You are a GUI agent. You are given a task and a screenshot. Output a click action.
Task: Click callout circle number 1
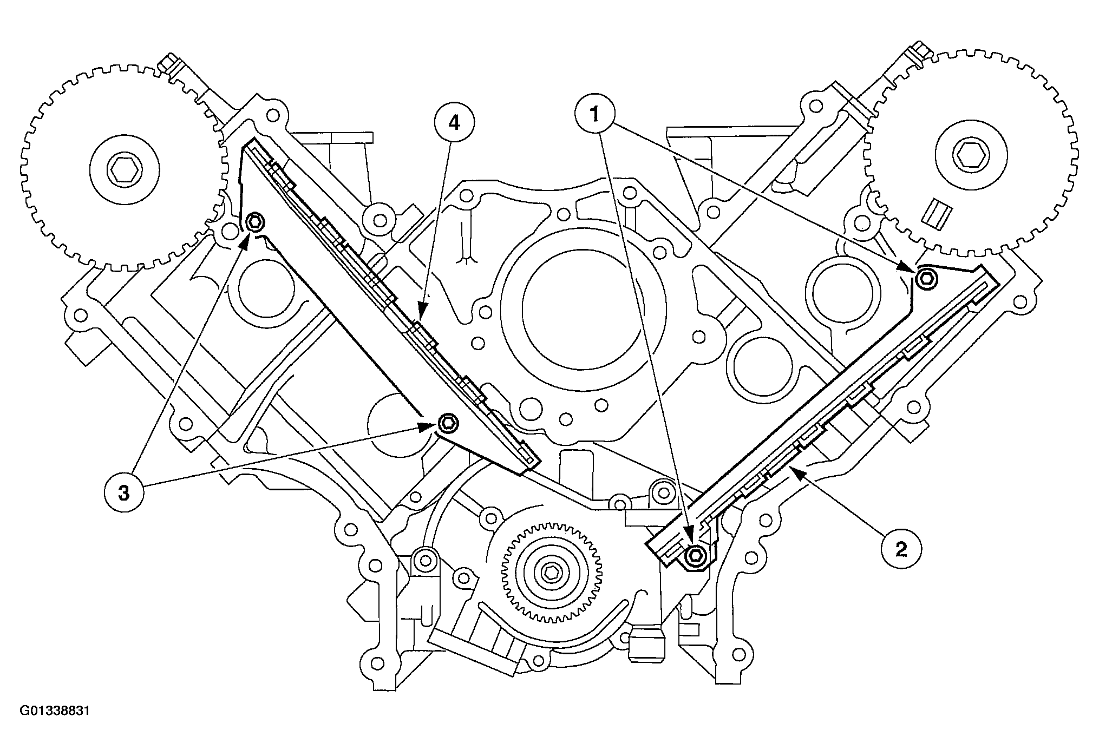pos(594,114)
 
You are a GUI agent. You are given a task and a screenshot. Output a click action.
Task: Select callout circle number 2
pos(901,549)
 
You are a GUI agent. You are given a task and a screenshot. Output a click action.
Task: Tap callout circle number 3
pos(124,492)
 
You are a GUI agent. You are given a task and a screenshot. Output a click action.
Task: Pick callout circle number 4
pos(454,123)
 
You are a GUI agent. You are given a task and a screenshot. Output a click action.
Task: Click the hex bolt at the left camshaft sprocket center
pos(122,172)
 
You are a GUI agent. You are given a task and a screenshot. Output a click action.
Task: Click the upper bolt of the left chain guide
pos(254,221)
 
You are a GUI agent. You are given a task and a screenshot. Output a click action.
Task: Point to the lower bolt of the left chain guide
pos(448,422)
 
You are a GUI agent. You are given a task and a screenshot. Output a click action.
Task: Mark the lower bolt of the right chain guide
pos(694,554)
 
